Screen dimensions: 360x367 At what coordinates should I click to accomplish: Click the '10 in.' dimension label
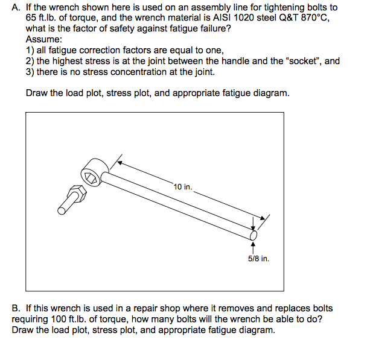[x=183, y=186]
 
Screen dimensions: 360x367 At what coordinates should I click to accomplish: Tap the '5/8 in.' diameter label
[x=258, y=259]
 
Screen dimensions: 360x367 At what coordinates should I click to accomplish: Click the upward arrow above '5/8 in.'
[x=254, y=245]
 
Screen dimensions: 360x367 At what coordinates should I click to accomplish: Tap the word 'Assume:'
[x=42, y=40]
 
